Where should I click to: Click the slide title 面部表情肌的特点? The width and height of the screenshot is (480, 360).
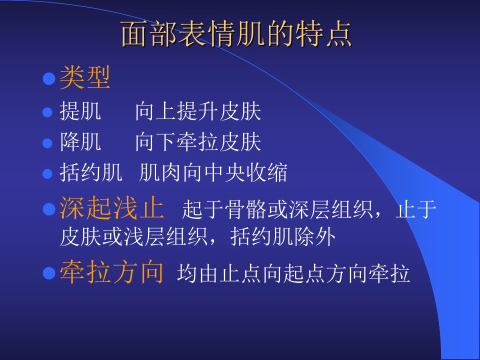click(x=236, y=34)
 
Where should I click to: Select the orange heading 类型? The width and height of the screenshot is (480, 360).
click(x=85, y=78)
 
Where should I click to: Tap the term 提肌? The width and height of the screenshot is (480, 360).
click(x=80, y=111)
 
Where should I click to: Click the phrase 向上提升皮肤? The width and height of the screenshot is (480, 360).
click(x=198, y=111)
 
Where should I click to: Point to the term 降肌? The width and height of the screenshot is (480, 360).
click(x=80, y=141)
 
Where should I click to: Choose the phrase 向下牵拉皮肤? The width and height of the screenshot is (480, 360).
click(x=198, y=141)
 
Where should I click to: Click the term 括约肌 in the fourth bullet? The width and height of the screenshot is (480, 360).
click(x=91, y=172)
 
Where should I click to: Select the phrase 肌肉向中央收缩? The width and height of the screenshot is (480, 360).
click(x=213, y=172)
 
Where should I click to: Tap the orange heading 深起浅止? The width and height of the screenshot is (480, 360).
click(x=111, y=208)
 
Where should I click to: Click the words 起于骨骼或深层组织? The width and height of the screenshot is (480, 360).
click(x=277, y=209)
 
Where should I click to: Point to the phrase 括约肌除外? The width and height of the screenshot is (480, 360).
click(x=283, y=236)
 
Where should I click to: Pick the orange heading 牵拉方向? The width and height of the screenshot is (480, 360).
click(x=111, y=272)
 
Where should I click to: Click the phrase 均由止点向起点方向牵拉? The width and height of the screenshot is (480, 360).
click(x=293, y=273)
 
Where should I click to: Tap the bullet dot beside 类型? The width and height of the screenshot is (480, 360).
click(x=49, y=78)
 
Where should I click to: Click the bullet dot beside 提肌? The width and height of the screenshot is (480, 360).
click(x=47, y=112)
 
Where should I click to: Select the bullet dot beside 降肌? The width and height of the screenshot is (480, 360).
click(x=47, y=143)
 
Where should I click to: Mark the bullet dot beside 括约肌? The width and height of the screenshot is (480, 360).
click(x=47, y=173)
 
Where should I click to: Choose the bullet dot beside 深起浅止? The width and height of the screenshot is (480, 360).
click(x=49, y=209)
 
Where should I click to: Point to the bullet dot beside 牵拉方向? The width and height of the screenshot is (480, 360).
click(x=49, y=273)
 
